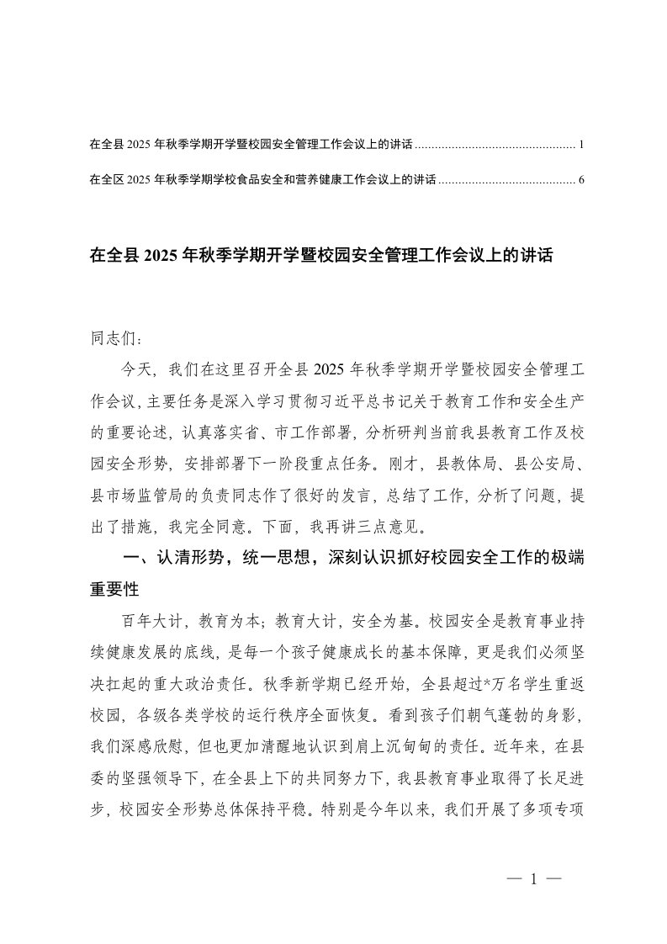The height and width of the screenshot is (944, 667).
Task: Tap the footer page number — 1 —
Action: tap(532, 880)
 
